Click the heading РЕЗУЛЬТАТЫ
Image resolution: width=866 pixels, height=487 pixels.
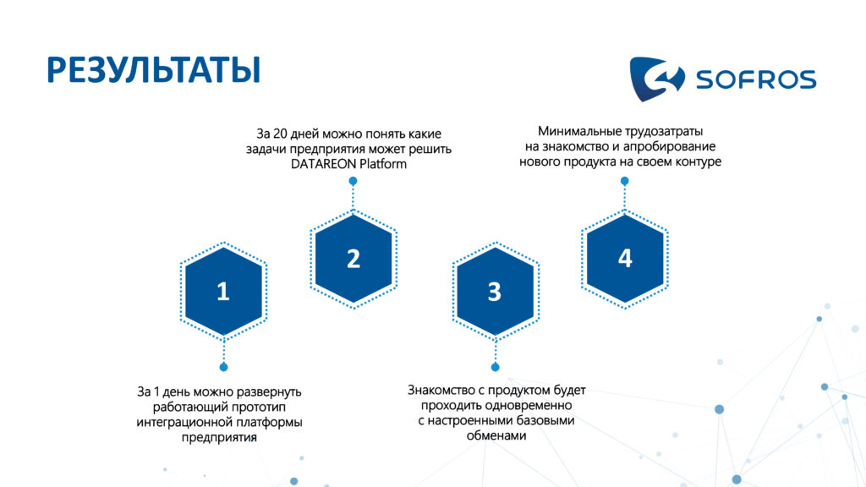[x=154, y=70]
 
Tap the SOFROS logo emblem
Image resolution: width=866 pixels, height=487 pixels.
[x=656, y=79]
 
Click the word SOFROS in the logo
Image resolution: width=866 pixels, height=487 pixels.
[x=756, y=79]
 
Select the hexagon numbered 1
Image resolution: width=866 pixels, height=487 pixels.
[x=223, y=291]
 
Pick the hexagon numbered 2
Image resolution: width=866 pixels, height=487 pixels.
[x=354, y=259]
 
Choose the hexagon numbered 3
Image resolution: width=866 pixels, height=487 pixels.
[x=495, y=291]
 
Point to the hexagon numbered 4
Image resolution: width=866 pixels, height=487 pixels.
[x=625, y=259]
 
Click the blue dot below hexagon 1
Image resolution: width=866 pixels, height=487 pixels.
[x=223, y=367]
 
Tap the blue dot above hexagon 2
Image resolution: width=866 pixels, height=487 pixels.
[x=353, y=181]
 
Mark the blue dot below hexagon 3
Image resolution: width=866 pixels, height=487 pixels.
[x=496, y=367]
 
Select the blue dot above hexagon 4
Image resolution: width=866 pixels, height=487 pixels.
[x=625, y=181]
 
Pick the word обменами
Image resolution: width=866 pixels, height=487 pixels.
[x=496, y=435]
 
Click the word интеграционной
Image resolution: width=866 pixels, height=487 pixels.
[x=184, y=423]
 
